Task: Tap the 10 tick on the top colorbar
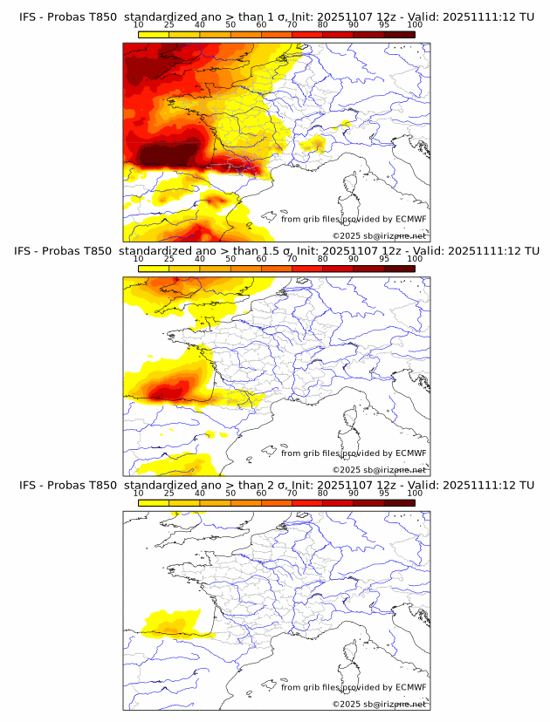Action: (139, 24)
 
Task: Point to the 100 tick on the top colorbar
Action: (415, 24)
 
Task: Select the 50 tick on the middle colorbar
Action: (230, 259)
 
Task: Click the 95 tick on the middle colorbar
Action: (384, 259)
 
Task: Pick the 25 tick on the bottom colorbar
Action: (169, 493)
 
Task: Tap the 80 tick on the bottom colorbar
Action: (323, 493)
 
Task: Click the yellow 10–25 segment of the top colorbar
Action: (154, 34)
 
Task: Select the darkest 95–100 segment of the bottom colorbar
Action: (399, 502)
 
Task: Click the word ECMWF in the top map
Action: (410, 219)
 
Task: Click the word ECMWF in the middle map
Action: (410, 453)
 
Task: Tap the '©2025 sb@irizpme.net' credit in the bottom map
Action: (379, 704)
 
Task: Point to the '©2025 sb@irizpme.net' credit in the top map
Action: (379, 236)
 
